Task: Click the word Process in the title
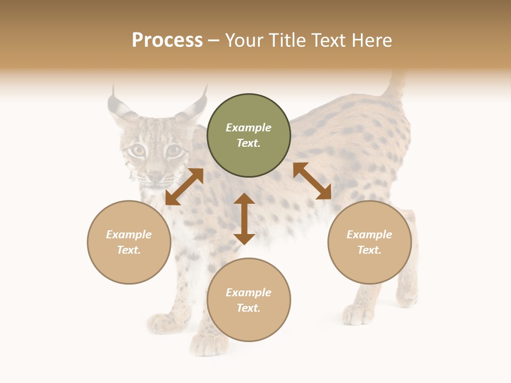pos(167,40)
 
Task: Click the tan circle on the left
pos(129,242)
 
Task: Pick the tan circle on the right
pos(369,242)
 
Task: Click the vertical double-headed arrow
pos(244,219)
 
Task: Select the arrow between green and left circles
pos(184,187)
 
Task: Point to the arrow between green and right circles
pos(312,181)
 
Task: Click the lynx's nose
pos(155,176)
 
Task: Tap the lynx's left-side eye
pos(137,151)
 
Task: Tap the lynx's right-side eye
pos(173,151)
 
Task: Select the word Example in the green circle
pos(249,128)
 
